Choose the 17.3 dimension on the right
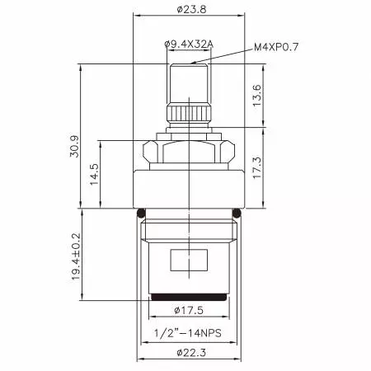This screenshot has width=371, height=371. [257, 169]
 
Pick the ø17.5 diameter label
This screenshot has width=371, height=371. [189, 311]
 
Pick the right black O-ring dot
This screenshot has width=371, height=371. [239, 213]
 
